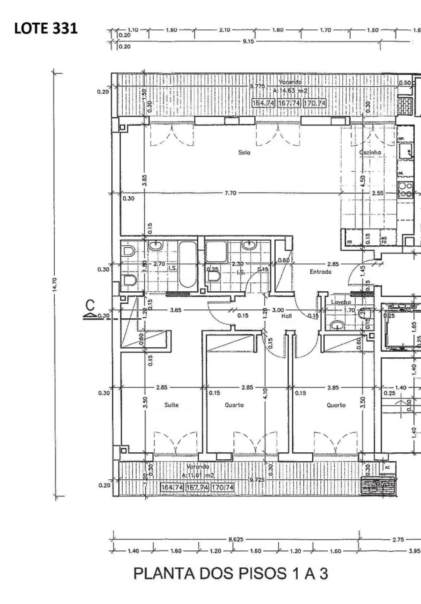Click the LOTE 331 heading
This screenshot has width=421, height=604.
46,29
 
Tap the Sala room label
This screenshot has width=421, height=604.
244,153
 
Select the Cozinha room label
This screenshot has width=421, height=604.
370,153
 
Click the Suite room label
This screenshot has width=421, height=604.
171,405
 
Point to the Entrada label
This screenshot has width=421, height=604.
321,272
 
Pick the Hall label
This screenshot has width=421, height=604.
286,316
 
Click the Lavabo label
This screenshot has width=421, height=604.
341,302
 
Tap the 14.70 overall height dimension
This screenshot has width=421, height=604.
55,284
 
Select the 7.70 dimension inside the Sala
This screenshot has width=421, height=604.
230,193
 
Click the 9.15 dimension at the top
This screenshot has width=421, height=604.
248,42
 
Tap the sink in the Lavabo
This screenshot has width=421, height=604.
337,326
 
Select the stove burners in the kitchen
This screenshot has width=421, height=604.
406,190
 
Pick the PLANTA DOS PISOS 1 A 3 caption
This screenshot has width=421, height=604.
231,574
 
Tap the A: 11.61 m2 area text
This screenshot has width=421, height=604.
198,475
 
